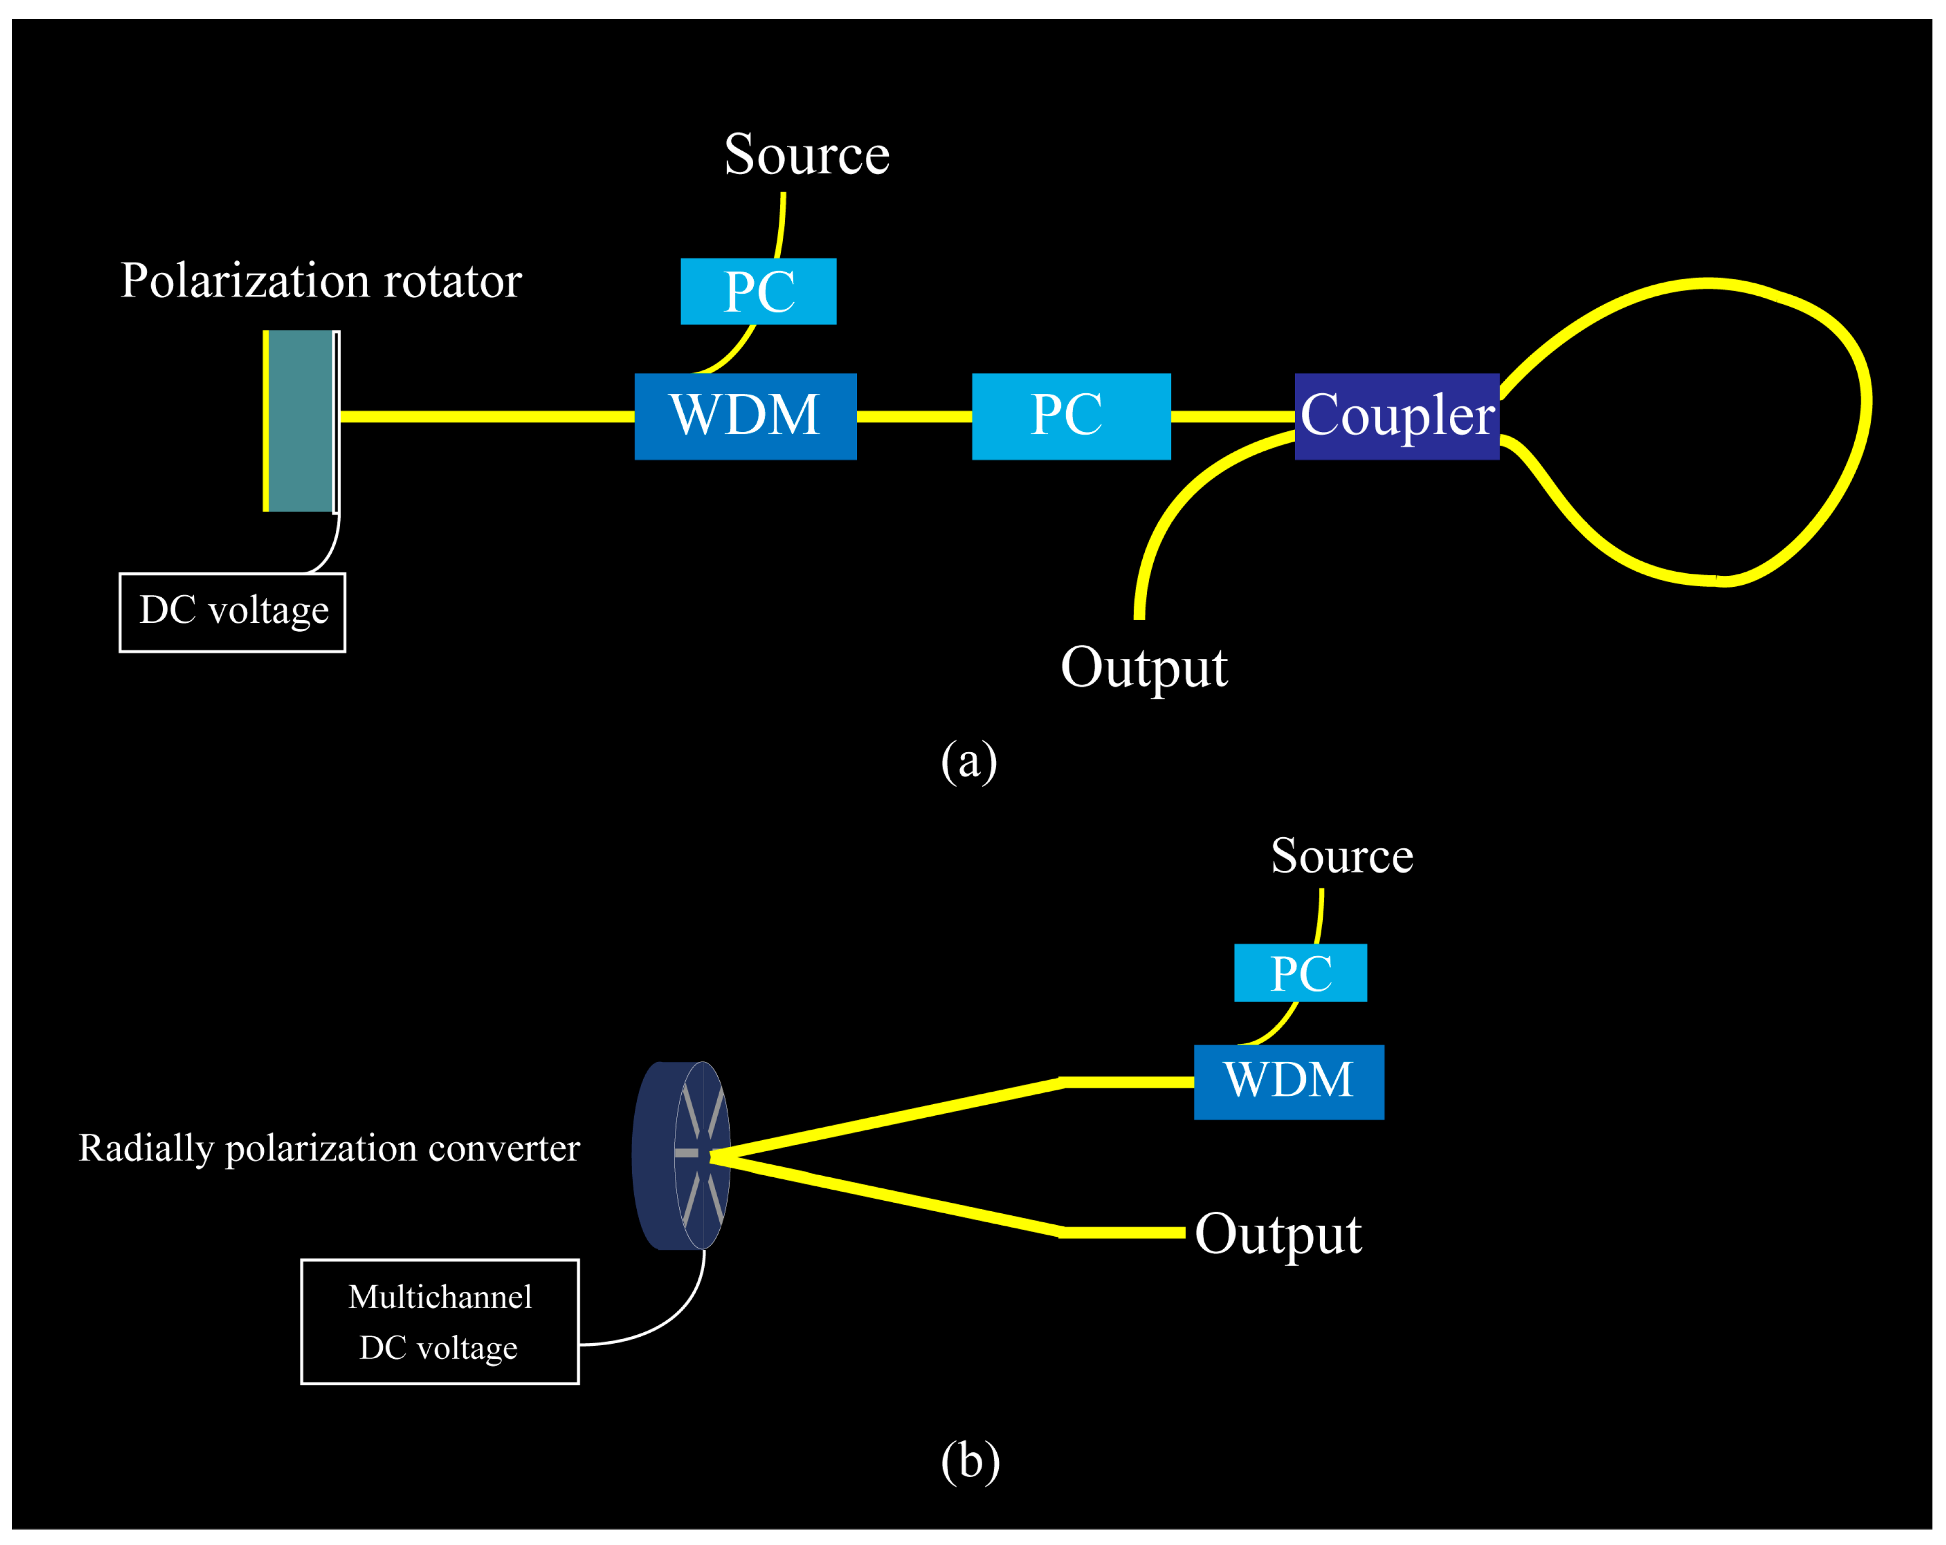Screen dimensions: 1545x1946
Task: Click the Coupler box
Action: pyautogui.click(x=1396, y=416)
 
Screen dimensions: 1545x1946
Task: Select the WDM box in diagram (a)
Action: pyautogui.click(x=745, y=416)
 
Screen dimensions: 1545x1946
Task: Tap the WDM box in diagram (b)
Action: pyautogui.click(x=1288, y=1081)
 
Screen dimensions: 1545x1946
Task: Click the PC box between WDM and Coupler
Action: pyautogui.click(x=1070, y=416)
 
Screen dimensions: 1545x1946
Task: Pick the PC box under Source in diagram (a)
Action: pyautogui.click(x=758, y=291)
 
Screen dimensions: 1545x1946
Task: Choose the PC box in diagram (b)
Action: pyautogui.click(x=1300, y=972)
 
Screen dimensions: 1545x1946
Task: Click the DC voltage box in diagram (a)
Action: pyautogui.click(x=232, y=612)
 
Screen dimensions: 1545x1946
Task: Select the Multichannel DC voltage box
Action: pyautogui.click(x=440, y=1321)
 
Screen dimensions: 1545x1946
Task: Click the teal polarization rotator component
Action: pyautogui.click(x=300, y=420)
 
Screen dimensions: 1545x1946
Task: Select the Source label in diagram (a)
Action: pyautogui.click(x=806, y=154)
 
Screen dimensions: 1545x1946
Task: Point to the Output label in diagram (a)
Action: pyautogui.click(x=1144, y=667)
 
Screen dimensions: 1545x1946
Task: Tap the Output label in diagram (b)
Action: pyautogui.click(x=1277, y=1234)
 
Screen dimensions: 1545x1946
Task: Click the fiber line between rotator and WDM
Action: pyautogui.click(x=487, y=416)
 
